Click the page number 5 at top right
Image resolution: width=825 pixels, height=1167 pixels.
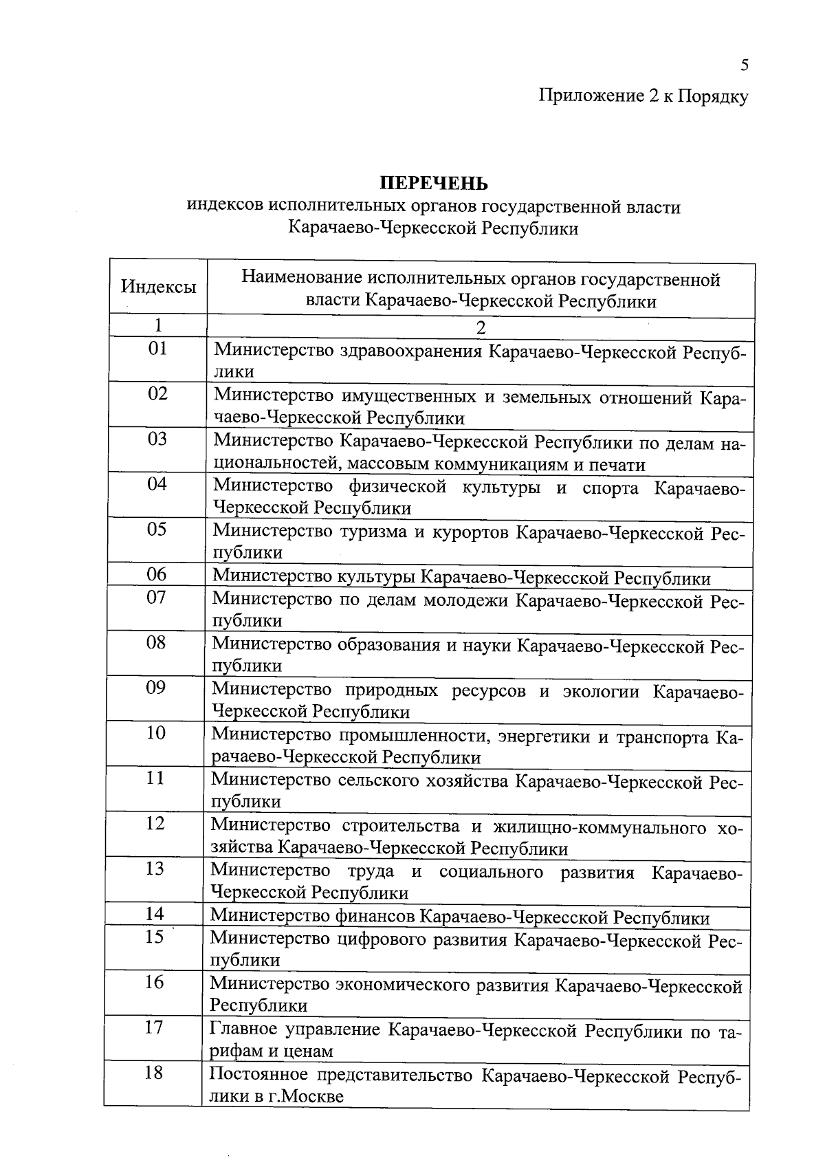[744, 65]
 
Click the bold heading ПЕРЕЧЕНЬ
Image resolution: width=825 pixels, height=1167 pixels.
[434, 184]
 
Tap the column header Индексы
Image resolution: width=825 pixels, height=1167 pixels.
[158, 287]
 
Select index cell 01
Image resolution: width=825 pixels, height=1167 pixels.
[158, 349]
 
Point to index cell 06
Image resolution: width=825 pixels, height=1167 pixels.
[157, 574]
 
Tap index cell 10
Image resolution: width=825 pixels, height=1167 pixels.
[156, 733]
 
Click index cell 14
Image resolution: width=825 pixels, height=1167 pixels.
[155, 914]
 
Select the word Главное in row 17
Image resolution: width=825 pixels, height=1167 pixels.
[243, 1030]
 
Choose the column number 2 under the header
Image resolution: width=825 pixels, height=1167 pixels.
[481, 327]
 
